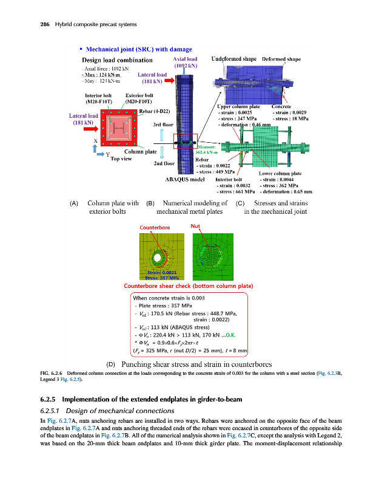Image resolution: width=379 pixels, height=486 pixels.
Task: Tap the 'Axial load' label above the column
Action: [x=185, y=60]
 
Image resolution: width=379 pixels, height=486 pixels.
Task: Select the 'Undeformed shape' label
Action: [x=235, y=60]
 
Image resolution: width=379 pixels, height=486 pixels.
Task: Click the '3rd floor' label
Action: [x=164, y=125]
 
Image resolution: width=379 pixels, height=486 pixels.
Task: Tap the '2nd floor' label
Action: [x=164, y=163]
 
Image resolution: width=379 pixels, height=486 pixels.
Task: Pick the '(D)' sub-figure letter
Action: [x=111, y=363]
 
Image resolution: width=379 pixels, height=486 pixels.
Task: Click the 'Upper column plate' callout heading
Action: [x=239, y=106]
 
